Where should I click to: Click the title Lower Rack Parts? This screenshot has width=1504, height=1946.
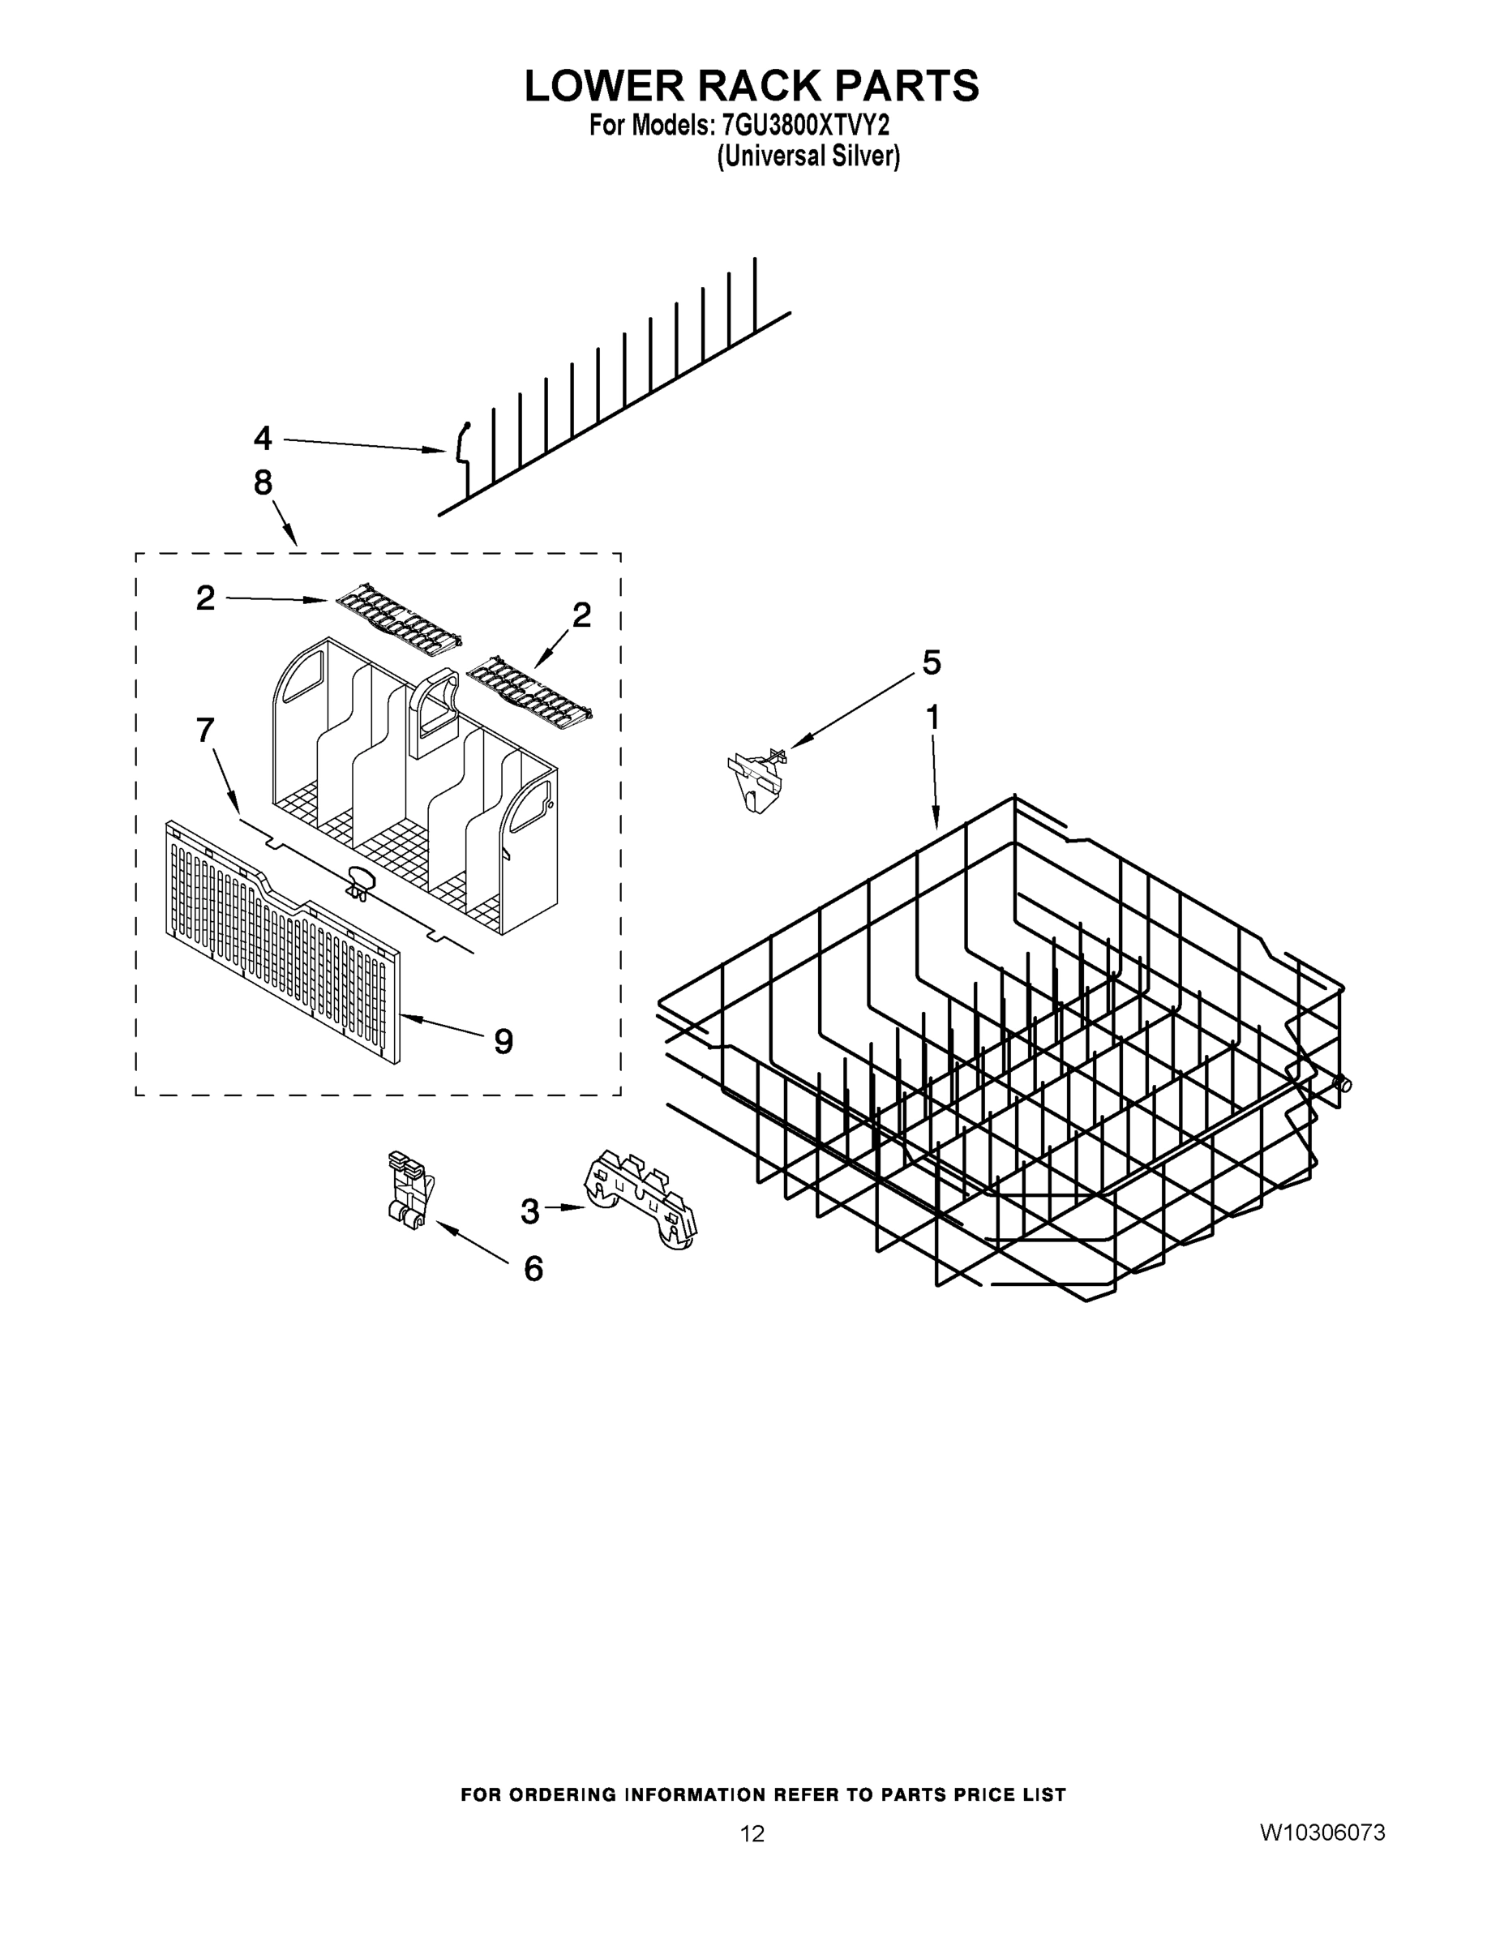coord(751,87)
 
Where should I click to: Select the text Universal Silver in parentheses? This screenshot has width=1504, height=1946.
coord(808,156)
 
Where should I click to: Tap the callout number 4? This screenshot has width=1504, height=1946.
coord(262,439)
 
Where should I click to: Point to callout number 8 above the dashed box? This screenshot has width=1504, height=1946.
coord(262,483)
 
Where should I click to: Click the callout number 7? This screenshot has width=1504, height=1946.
coord(205,731)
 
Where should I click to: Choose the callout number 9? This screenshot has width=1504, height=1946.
coord(503,1041)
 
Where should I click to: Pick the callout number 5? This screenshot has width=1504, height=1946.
coord(931,663)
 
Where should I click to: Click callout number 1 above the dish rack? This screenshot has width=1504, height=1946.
coord(933,718)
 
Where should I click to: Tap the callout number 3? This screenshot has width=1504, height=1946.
coord(529,1211)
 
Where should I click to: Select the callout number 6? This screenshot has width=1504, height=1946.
coord(533,1269)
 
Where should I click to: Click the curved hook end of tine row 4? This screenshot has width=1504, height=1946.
coord(462,443)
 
